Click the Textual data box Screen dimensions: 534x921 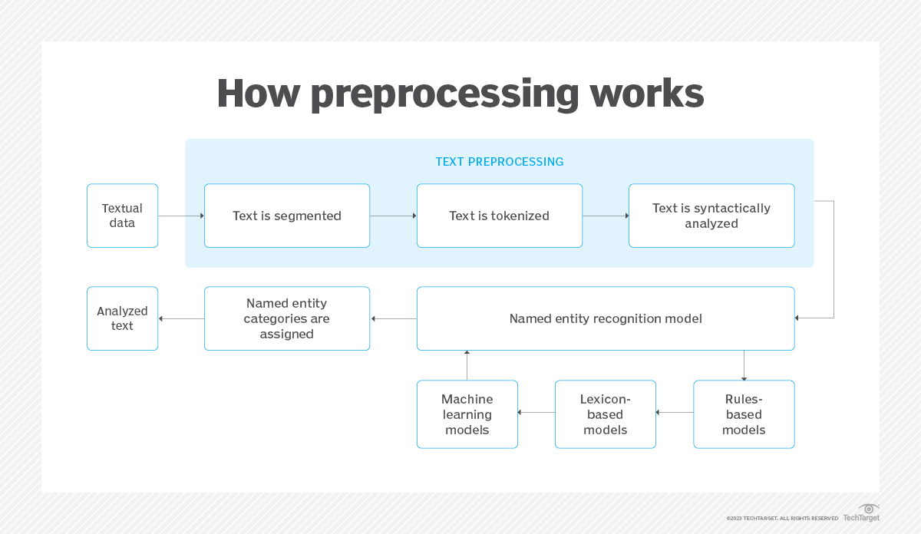[122, 216]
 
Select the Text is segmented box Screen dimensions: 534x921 [287, 216]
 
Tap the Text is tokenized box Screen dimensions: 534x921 [499, 216]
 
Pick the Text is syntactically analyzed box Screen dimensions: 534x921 [711, 216]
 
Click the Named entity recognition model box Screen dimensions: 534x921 [606, 318]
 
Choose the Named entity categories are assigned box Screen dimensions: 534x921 [287, 318]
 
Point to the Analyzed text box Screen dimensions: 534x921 [122, 318]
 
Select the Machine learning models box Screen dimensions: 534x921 [467, 414]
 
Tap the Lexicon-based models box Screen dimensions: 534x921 [606, 414]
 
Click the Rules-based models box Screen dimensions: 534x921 [744, 414]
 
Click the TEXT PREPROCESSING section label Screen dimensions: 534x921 [499, 162]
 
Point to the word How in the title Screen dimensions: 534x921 [258, 94]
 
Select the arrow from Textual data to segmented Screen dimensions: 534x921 [181, 216]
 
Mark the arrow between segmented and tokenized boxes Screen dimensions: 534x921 [393, 216]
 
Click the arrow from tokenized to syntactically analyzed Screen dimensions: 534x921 [606, 216]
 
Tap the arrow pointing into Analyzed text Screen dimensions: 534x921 [181, 318]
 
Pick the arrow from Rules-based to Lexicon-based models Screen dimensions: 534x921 [675, 413]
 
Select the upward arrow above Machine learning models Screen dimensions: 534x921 [467, 365]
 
